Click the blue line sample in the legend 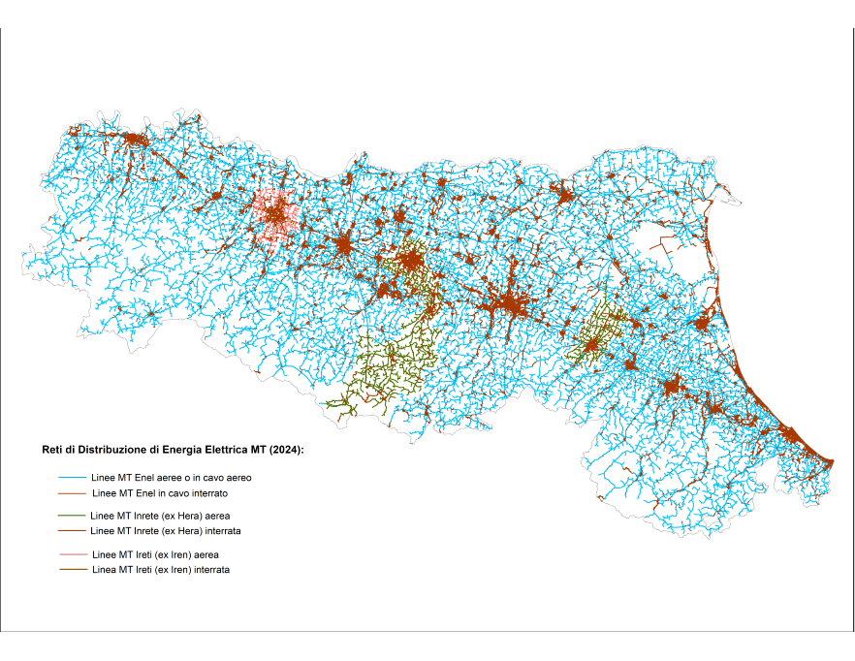[x=73, y=478]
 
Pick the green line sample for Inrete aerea [x=73, y=516]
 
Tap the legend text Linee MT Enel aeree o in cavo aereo [x=171, y=478]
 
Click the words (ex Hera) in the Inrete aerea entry [x=188, y=516]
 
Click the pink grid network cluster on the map [x=273, y=214]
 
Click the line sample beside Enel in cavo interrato [x=73, y=493]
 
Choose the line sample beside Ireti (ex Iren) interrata [x=73, y=570]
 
